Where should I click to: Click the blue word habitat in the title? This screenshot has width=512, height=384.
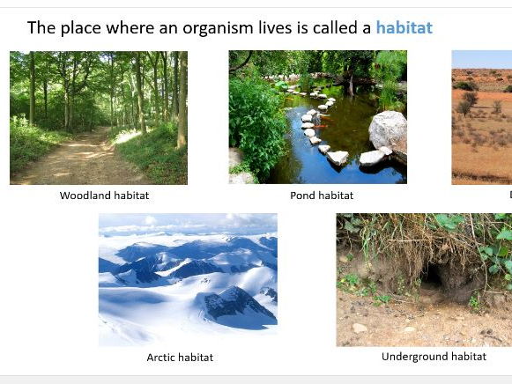pyautogui.click(x=404, y=27)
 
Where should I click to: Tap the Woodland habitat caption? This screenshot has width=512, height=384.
pyautogui.click(x=98, y=196)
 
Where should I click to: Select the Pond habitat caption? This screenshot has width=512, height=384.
pyautogui.click(x=321, y=196)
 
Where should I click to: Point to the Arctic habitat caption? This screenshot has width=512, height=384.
pyautogui.click(x=180, y=358)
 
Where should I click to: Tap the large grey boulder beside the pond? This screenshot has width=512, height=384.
pyautogui.click(x=388, y=130)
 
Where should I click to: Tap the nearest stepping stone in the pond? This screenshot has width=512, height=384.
pyautogui.click(x=338, y=158)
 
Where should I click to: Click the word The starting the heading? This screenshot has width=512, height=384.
pyautogui.click(x=41, y=28)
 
